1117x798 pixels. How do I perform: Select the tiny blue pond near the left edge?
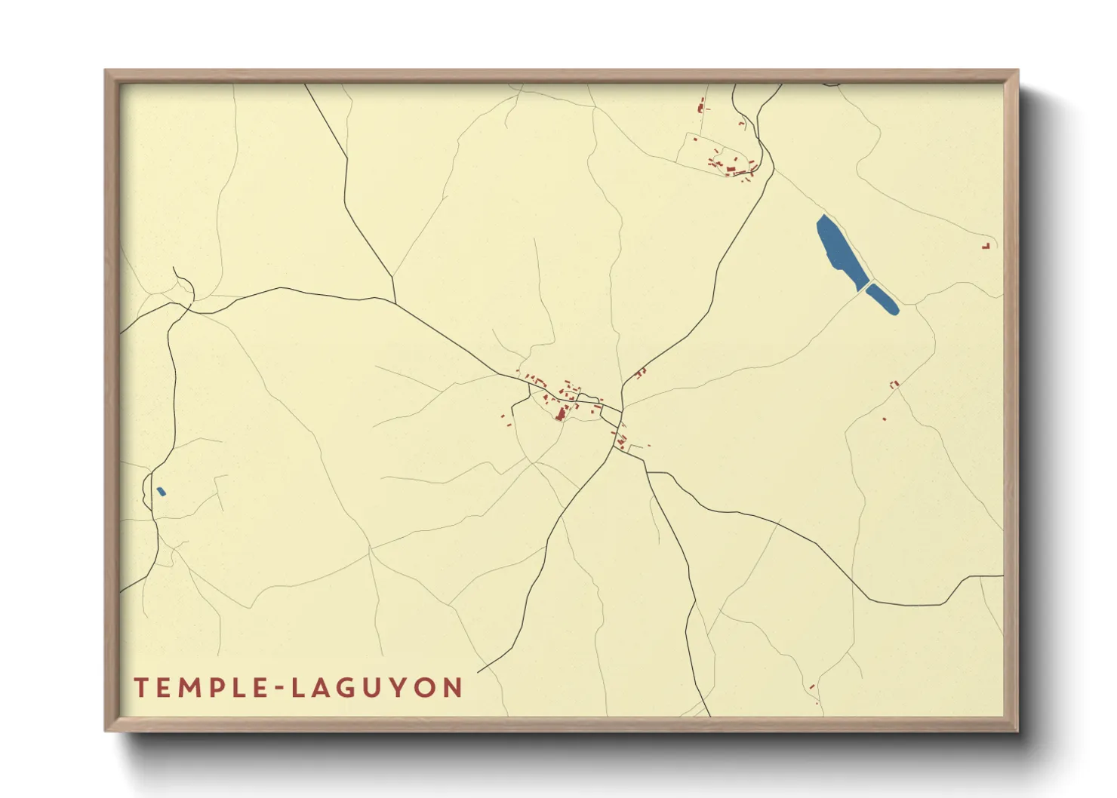coord(161,492)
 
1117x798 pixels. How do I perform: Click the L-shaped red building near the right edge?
coord(986,246)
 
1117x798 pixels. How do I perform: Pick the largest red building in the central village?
coord(561,413)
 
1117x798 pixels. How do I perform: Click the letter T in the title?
coord(140,688)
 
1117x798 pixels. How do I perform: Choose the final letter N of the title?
coord(453,688)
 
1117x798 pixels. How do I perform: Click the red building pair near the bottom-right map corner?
coord(812,687)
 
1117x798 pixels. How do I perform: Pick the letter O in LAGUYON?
coord(427,688)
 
